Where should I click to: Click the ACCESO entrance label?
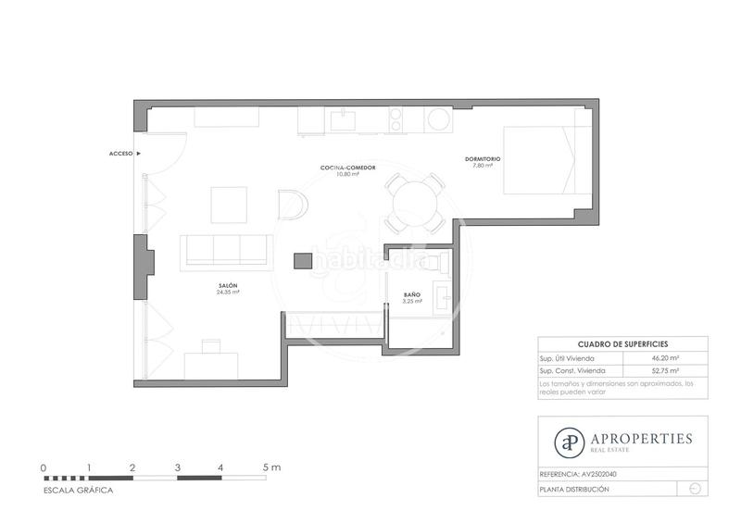point(121,153)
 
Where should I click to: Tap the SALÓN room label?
point(227,285)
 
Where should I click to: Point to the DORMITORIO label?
point(483,159)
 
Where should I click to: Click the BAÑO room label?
point(412,294)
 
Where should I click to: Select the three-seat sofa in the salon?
point(226,248)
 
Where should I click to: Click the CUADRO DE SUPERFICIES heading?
point(622,343)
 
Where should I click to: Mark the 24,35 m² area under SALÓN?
point(228,293)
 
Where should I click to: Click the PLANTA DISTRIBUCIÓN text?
point(574,488)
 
